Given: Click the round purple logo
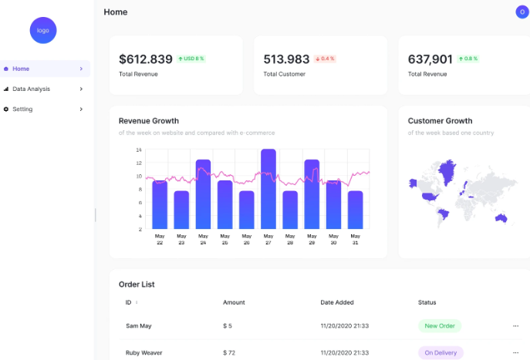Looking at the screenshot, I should pos(43,30).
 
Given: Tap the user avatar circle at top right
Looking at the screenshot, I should pos(522,12).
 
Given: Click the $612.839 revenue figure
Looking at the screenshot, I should pos(146,59).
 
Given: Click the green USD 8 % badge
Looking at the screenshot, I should pos(191,59).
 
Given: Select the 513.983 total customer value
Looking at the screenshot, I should pos(286,59).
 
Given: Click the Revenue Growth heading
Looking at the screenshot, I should pos(149,121).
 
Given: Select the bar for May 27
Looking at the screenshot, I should pos(268,189).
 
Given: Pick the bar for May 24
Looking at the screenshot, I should pos(203,194).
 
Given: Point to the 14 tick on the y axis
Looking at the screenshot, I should pos(139,150).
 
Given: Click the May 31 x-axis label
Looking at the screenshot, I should pos(355,239).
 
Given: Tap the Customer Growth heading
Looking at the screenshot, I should pos(441,121).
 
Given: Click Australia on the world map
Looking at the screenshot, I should pos(501,217).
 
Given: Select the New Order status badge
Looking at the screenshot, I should pos(440,326).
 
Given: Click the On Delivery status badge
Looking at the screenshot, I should pos(441,353).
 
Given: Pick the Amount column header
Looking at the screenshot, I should pos(234,302).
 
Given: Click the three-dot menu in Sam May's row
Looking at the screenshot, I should pos(516,326).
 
